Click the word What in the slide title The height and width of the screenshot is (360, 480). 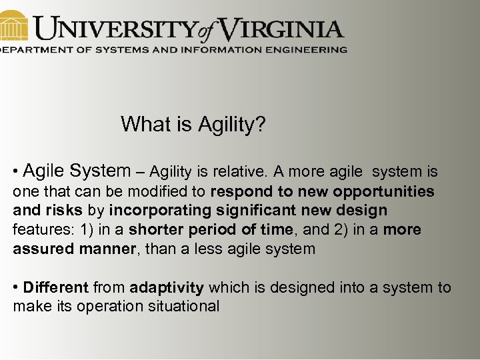143,124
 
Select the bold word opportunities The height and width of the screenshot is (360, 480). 383,192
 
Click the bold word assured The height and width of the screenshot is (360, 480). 41,249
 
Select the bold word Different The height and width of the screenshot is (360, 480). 55,288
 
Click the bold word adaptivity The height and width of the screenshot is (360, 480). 167,288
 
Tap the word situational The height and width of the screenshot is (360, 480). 179,307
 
